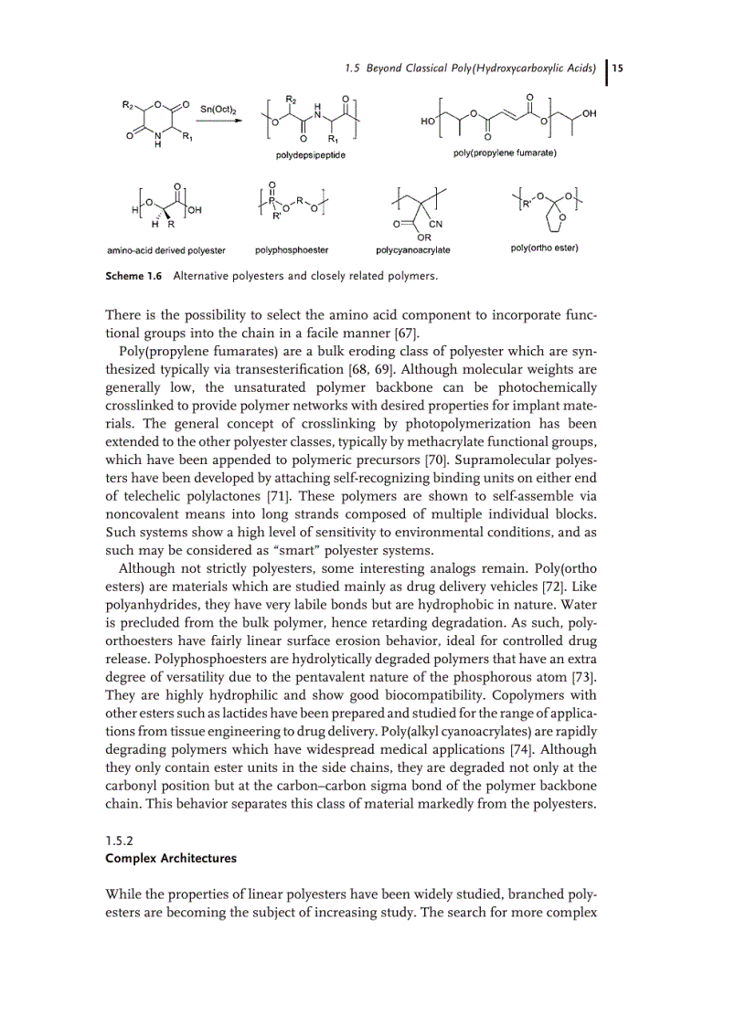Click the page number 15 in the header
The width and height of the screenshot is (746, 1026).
(x=618, y=69)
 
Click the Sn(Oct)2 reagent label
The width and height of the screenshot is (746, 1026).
(x=217, y=108)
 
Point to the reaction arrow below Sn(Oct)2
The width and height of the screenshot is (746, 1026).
(x=217, y=120)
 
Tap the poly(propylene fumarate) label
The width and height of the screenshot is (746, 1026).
(x=505, y=153)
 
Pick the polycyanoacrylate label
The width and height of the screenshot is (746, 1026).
(x=412, y=249)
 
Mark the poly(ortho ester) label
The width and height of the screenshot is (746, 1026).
(x=545, y=249)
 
